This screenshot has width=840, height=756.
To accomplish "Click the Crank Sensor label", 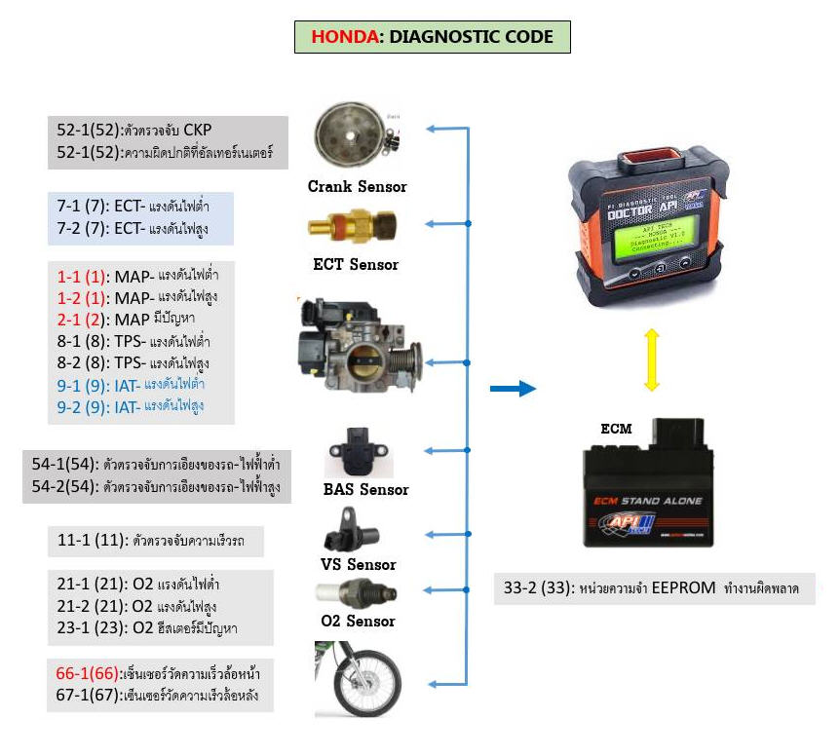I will click(x=357, y=186).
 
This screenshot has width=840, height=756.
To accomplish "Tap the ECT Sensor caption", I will click(x=356, y=264).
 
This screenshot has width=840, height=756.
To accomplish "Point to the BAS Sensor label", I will click(x=365, y=489).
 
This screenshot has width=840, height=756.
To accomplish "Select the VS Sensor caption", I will click(x=359, y=564).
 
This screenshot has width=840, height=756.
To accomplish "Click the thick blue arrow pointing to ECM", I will click(x=513, y=390).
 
